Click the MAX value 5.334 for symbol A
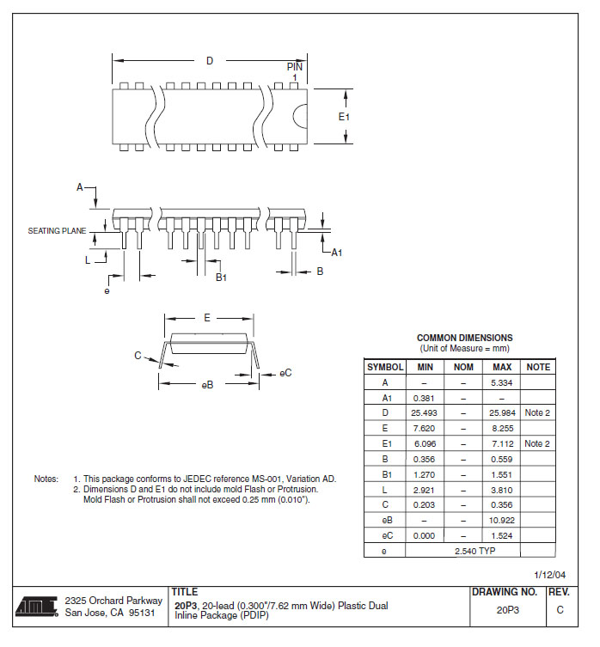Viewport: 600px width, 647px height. pyautogui.click(x=501, y=382)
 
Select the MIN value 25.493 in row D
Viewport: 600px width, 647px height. pyautogui.click(x=424, y=413)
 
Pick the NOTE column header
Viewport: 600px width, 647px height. pyautogui.click(x=538, y=367)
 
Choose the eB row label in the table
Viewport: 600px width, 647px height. pyautogui.click(x=385, y=520)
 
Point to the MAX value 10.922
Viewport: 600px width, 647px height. pyautogui.click(x=501, y=520)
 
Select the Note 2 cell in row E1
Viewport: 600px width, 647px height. pyautogui.click(x=538, y=443)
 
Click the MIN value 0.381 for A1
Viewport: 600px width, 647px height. pyautogui.click(x=424, y=398)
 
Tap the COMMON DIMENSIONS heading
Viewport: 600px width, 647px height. pyautogui.click(x=464, y=338)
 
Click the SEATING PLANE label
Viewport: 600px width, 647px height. pyautogui.click(x=58, y=231)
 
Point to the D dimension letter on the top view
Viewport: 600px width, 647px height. pyautogui.click(x=209, y=61)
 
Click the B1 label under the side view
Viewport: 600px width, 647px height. pyautogui.click(x=221, y=278)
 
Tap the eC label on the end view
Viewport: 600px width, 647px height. pyautogui.click(x=286, y=373)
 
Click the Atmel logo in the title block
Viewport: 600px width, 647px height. pyautogui.click(x=35, y=607)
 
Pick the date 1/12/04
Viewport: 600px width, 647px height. pyautogui.click(x=550, y=575)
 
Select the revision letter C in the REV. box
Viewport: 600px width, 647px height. pyautogui.click(x=560, y=610)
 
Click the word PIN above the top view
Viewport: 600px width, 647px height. pyautogui.click(x=295, y=66)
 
